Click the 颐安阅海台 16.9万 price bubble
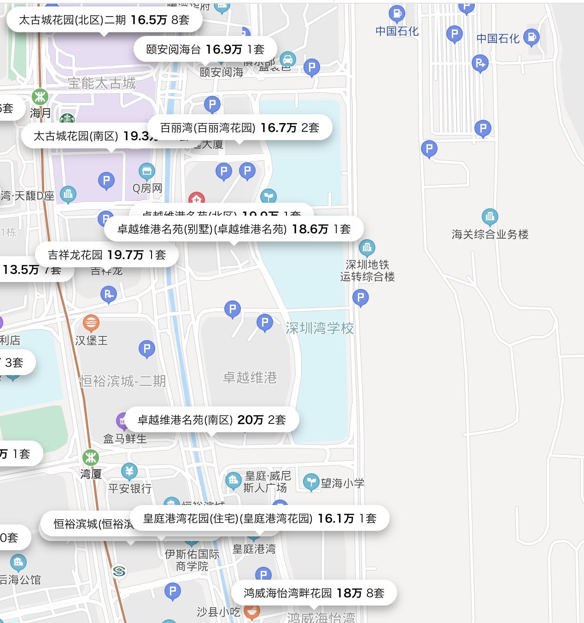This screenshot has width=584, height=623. (x=205, y=49)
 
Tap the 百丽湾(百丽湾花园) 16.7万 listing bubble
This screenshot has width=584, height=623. (x=239, y=128)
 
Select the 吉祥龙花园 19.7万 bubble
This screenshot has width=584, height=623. (x=106, y=255)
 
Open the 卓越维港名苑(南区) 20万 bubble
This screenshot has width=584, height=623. (x=211, y=420)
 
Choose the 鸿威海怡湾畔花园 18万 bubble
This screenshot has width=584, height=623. (x=314, y=593)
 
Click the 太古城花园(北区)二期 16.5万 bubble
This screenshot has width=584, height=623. (x=104, y=20)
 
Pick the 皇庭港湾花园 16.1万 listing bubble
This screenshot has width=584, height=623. (x=260, y=518)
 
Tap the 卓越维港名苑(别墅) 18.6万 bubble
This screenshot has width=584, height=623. (x=234, y=229)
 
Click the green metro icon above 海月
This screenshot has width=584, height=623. (x=40, y=97)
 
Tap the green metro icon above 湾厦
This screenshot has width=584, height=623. (x=90, y=458)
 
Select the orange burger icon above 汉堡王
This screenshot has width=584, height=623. (x=91, y=323)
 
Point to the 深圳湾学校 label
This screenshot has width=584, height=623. (x=320, y=328)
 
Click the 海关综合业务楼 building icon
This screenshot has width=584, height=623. (x=490, y=217)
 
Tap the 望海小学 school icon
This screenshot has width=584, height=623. (x=311, y=482)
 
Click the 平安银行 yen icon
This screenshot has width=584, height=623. (x=129, y=471)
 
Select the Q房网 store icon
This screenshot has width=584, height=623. (x=147, y=172)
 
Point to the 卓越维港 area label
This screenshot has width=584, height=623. (x=250, y=378)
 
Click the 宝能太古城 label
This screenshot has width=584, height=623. (x=102, y=83)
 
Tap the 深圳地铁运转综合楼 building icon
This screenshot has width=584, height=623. (x=367, y=248)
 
